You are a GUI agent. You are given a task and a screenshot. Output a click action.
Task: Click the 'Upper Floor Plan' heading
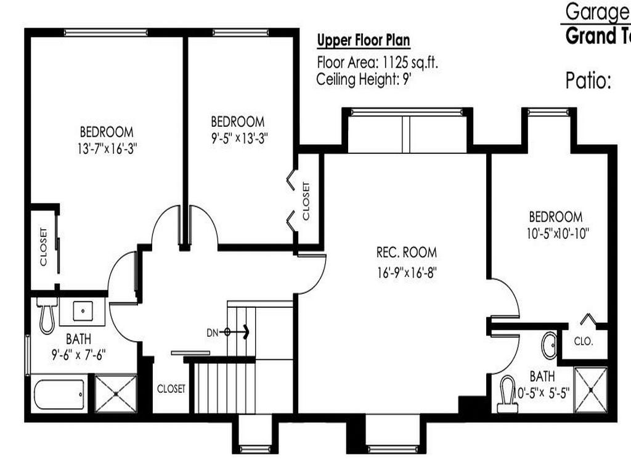click(x=363, y=41)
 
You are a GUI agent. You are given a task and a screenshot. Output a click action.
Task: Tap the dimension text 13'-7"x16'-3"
click(x=106, y=148)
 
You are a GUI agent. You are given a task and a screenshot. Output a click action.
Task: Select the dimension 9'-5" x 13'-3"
click(x=237, y=138)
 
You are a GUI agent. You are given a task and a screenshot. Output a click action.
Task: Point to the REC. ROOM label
click(x=406, y=252)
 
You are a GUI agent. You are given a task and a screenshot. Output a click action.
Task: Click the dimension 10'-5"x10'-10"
click(x=555, y=233)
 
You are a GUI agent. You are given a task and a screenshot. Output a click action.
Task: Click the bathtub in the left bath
click(x=59, y=394)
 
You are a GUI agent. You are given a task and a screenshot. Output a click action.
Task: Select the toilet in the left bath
click(x=47, y=316)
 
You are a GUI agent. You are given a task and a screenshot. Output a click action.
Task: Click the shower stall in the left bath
click(x=115, y=393)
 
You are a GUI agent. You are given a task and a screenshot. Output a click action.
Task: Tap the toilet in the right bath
click(x=508, y=394)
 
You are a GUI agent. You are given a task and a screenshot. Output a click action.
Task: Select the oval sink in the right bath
click(x=549, y=346)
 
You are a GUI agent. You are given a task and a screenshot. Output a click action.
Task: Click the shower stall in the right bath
click(x=590, y=390)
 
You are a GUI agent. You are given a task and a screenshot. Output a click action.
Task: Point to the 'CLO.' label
click(x=584, y=341)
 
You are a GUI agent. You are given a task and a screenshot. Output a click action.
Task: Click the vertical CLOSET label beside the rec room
click(x=306, y=201)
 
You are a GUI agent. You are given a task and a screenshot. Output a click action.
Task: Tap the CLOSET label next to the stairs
click(x=171, y=389)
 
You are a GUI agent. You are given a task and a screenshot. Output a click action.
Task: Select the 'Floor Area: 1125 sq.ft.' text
click(x=378, y=62)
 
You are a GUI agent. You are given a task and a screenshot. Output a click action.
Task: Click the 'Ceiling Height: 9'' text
click(x=364, y=79)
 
